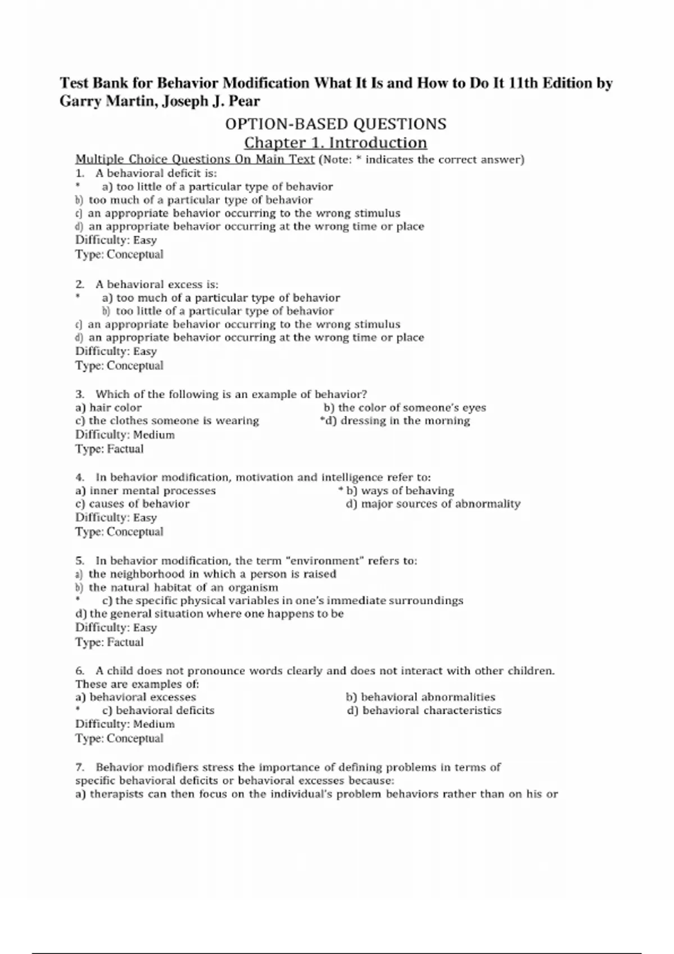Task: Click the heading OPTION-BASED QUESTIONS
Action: (x=336, y=124)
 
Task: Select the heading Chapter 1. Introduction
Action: (x=336, y=143)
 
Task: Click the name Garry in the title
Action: (x=79, y=102)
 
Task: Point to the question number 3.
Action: (x=80, y=395)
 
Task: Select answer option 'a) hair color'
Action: (x=108, y=408)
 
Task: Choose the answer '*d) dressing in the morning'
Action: (x=395, y=421)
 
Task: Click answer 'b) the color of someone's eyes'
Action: (x=404, y=408)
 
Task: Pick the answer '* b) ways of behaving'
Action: (x=397, y=491)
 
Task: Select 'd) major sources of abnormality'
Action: (x=433, y=504)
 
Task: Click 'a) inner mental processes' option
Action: (x=145, y=491)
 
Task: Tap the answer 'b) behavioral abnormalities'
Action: (x=421, y=698)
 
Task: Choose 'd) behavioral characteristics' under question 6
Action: (x=424, y=711)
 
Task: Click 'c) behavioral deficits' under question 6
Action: (x=158, y=711)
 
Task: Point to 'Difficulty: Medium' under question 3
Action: (x=125, y=435)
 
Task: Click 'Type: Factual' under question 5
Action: (x=110, y=643)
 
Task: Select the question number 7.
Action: (x=80, y=768)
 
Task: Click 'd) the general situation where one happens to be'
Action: (x=210, y=614)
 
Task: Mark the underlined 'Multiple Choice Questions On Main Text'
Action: (x=195, y=159)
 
